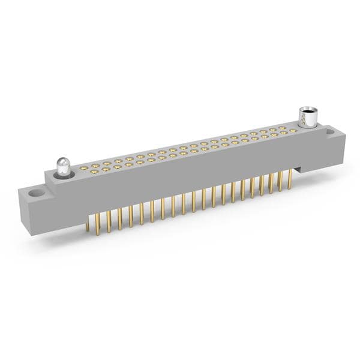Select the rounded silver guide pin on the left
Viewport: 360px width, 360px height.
[x=62, y=166]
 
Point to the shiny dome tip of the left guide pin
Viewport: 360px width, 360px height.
[x=62, y=161]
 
